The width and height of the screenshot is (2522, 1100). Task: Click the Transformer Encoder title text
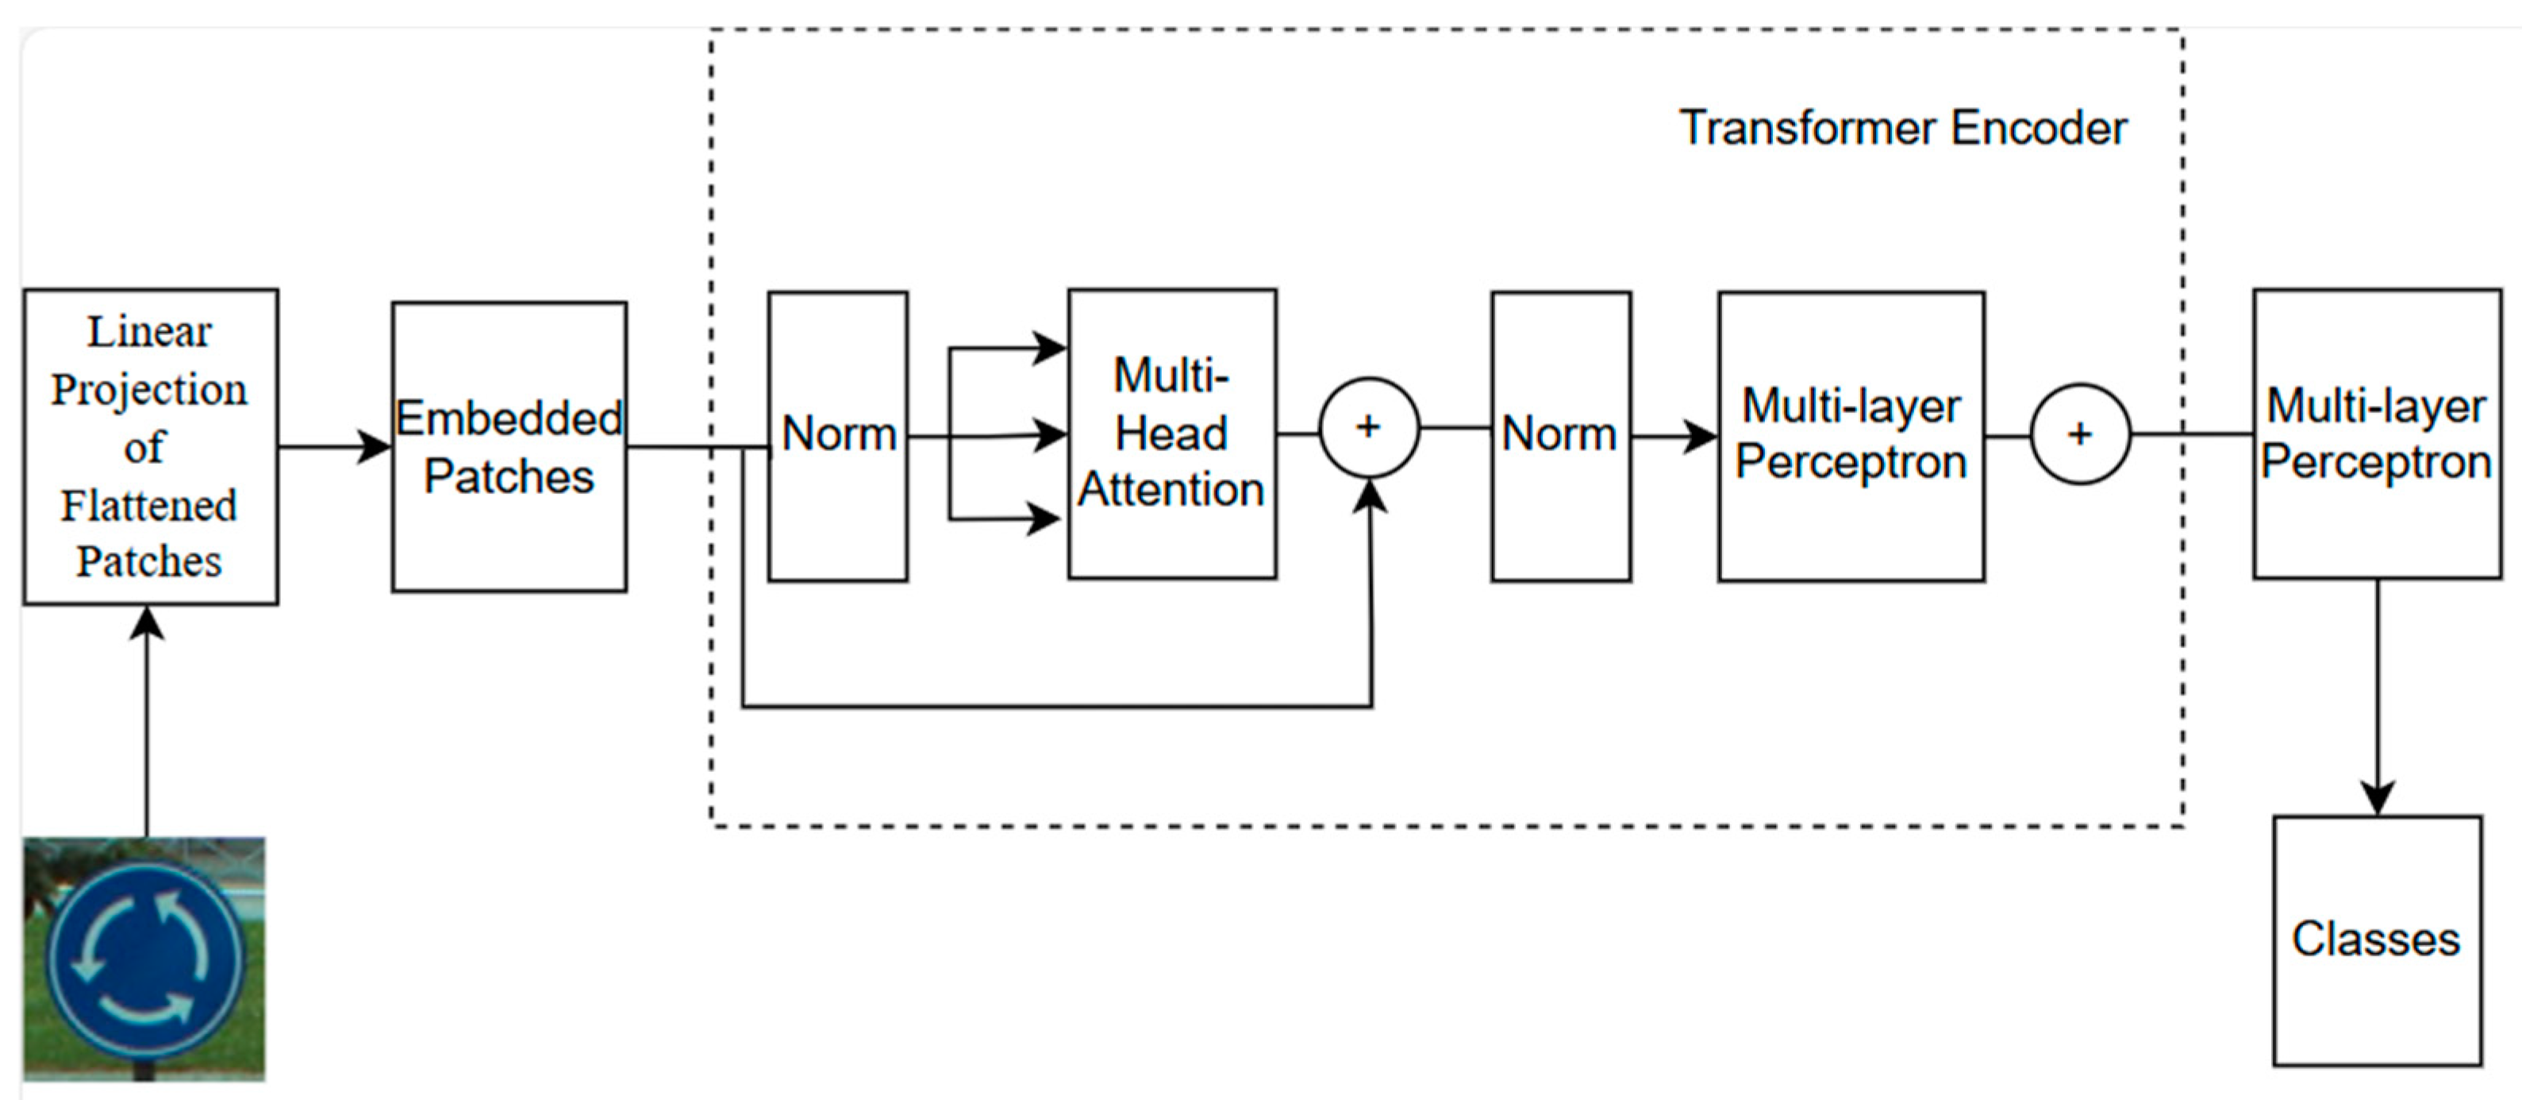pos(1902,129)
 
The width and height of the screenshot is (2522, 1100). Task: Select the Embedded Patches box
pos(509,446)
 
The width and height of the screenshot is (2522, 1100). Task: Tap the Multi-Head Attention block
pos(1172,434)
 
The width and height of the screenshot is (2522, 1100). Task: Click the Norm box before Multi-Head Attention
pos(838,436)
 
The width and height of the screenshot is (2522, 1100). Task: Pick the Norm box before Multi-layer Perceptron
pos(1561,436)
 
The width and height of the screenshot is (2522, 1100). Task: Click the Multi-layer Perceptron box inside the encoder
pos(1851,436)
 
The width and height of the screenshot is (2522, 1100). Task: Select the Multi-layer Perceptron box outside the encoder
pos(2376,434)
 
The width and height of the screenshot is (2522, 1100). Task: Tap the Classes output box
pos(2376,940)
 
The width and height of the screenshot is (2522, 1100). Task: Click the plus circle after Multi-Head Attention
pos(1369,428)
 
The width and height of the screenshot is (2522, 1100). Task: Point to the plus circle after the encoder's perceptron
pos(2079,434)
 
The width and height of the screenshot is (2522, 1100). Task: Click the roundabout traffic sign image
pos(144,958)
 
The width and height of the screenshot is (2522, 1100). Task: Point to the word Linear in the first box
pos(149,332)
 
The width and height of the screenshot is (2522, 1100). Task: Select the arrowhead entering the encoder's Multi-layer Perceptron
pos(1701,436)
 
